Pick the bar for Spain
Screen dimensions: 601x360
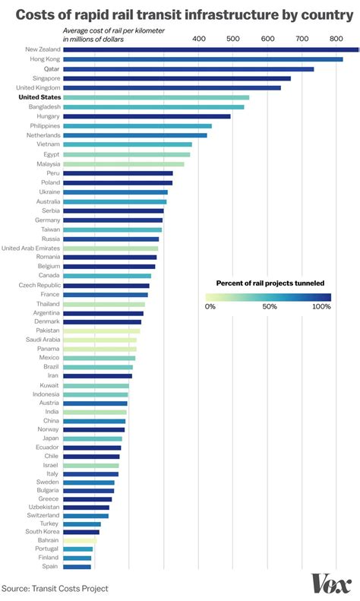point(77,566)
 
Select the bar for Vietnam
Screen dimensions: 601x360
point(127,144)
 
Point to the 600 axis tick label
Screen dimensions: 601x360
point(267,39)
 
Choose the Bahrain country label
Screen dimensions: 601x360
point(47,539)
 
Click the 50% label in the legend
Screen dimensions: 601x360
point(268,307)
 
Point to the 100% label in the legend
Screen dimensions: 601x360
point(321,307)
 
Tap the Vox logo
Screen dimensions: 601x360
point(331,584)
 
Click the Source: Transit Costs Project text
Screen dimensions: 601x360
point(55,588)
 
